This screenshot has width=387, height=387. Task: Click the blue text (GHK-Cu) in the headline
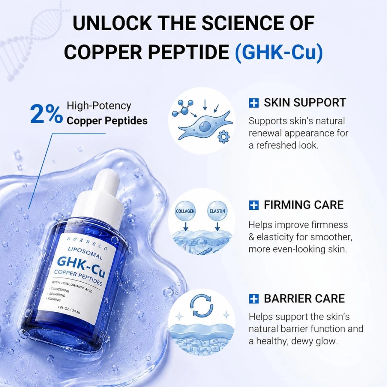coord(279,52)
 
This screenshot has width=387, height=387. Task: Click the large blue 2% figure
coord(46,114)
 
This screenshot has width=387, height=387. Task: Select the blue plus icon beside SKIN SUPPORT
coord(254,103)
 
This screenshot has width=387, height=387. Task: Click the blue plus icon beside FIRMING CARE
coord(254,205)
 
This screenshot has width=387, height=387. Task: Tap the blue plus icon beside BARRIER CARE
coord(254,298)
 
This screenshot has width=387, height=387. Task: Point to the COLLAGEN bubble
coord(185,211)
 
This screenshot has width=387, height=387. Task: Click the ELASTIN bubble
coord(217,211)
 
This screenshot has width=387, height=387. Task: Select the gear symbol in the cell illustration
coord(224,137)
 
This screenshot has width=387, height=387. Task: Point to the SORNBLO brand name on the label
coord(87,243)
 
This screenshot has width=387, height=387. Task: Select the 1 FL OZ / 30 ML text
coord(69,310)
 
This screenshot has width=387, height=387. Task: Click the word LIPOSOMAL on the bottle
coord(85,253)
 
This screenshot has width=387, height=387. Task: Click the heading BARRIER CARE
coord(304,298)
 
